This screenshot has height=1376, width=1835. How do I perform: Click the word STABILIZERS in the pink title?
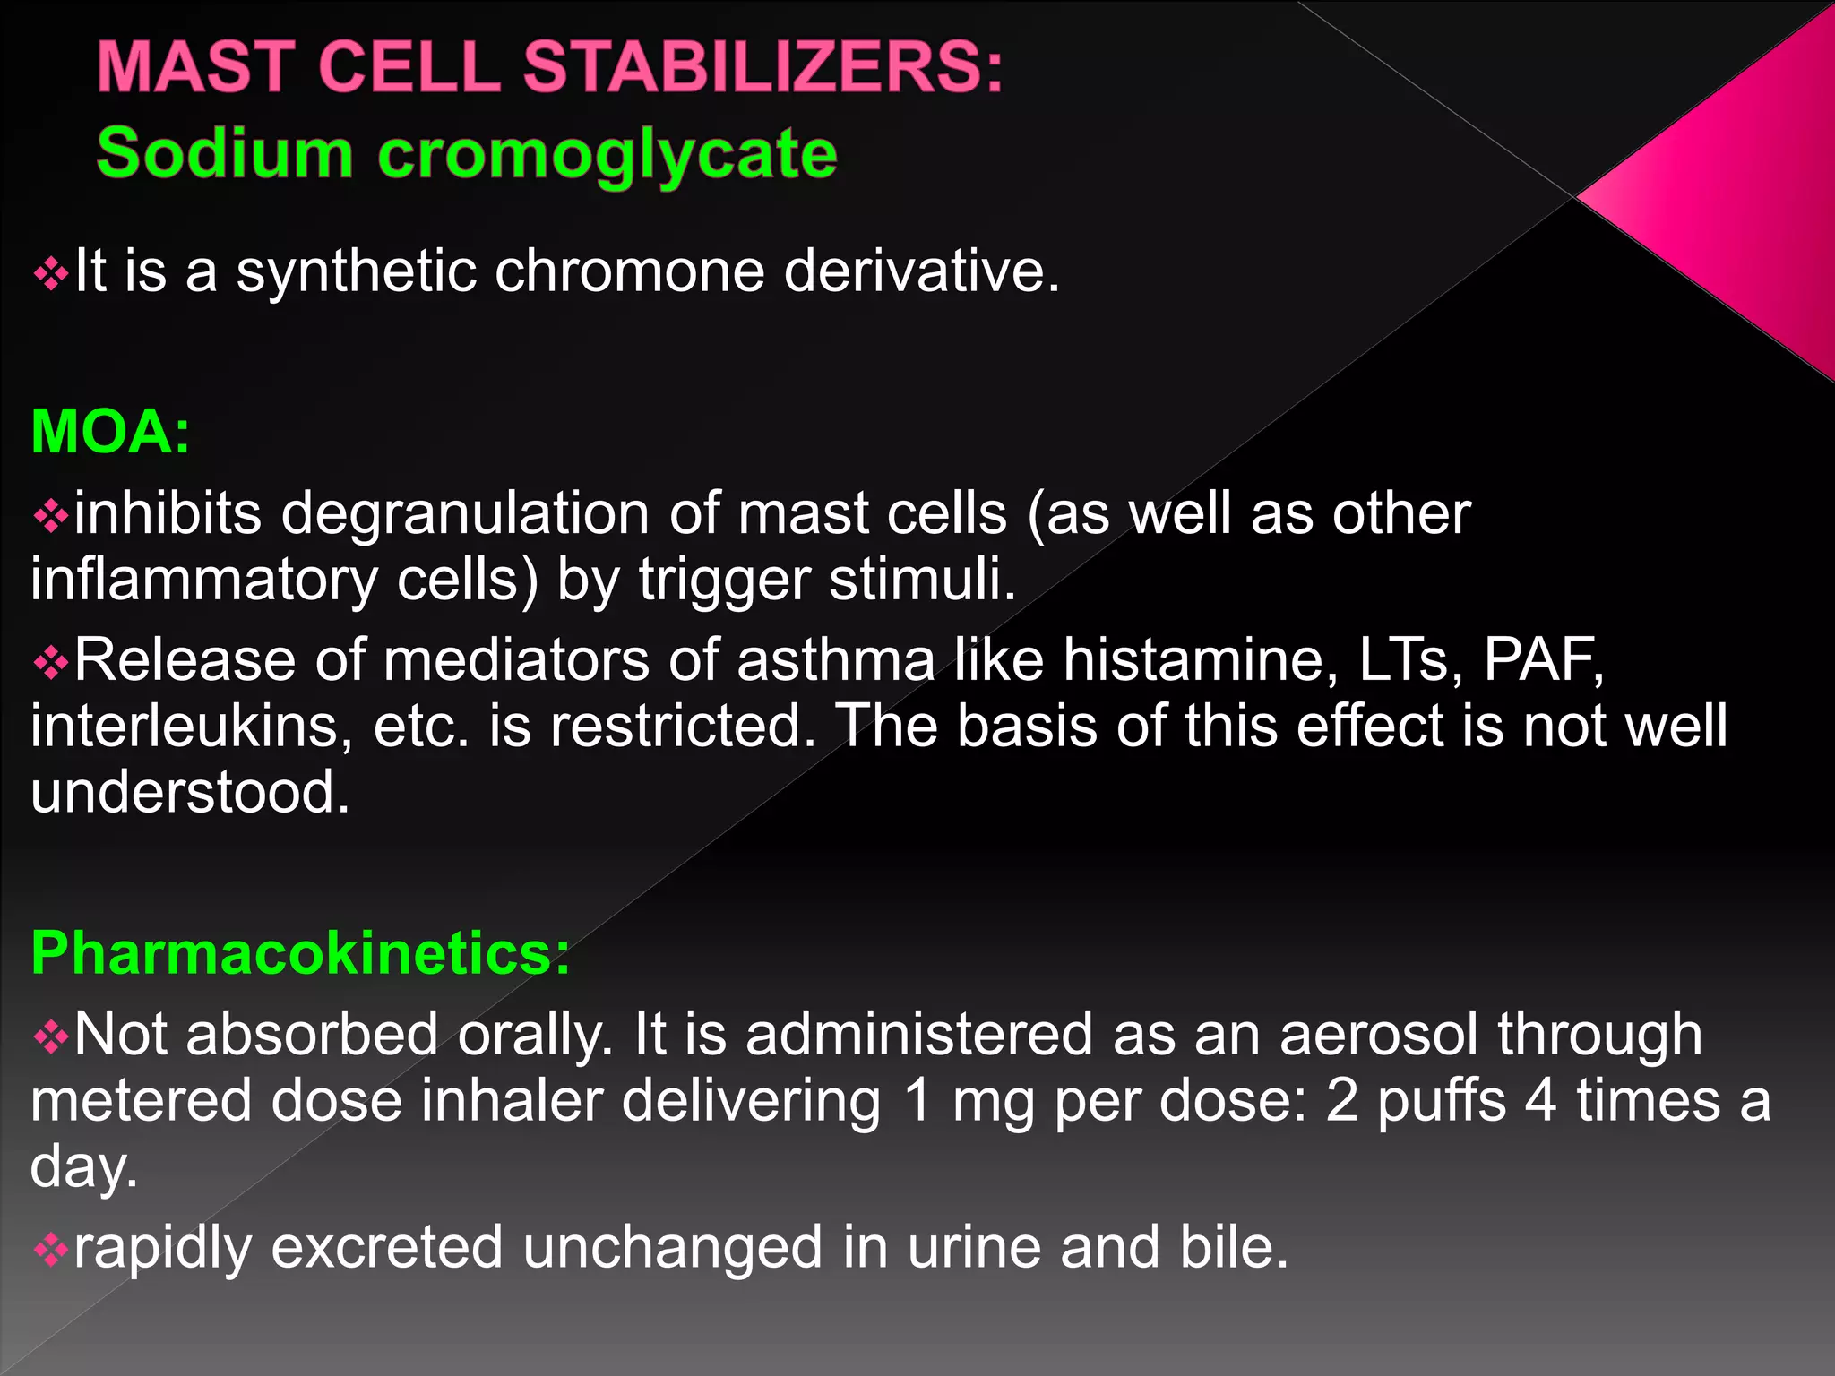click(x=762, y=67)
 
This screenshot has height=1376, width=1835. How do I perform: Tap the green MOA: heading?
click(x=110, y=432)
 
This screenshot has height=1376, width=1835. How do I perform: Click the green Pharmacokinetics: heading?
click(x=300, y=952)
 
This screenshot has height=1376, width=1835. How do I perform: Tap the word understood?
click(x=189, y=792)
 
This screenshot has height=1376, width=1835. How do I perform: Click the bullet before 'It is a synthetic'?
click(x=50, y=274)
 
